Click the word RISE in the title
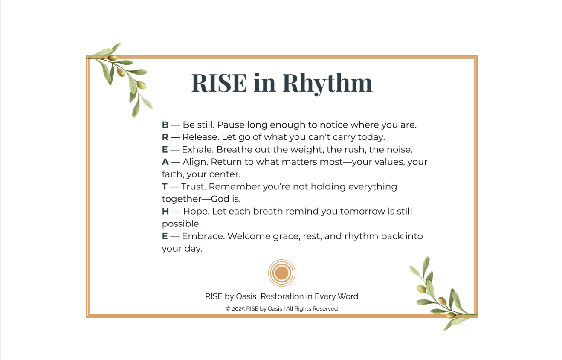(x=219, y=83)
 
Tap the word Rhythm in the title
(x=327, y=83)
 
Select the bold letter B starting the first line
(x=165, y=125)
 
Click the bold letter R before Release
(x=165, y=137)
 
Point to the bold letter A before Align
(x=165, y=162)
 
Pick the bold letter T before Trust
(x=165, y=187)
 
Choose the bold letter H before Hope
(x=165, y=212)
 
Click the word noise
(x=400, y=150)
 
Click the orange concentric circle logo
(x=281, y=273)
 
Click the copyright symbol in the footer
(x=228, y=309)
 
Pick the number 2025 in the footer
(x=239, y=309)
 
